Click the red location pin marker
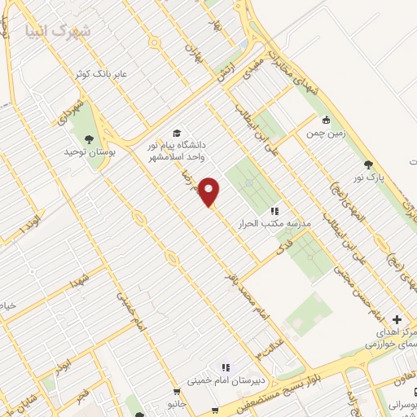pos(210,191)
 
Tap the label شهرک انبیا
pos(59,31)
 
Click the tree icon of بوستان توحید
pos(89,139)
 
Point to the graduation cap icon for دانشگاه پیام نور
pos(176,134)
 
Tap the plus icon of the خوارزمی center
pos(397,319)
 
